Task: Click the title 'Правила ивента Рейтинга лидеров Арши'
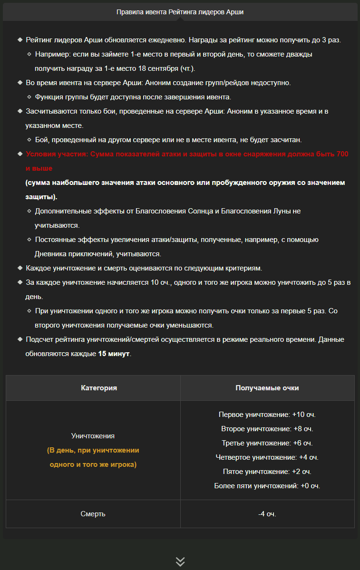pyautogui.click(x=180, y=12)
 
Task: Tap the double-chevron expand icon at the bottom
pyautogui.click(x=180, y=561)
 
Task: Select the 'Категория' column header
pyautogui.click(x=99, y=388)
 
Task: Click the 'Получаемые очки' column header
pyautogui.click(x=267, y=388)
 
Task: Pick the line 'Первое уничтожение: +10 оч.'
pyautogui.click(x=267, y=415)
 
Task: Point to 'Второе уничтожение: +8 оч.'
pyautogui.click(x=267, y=429)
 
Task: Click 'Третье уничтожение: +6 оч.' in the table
pyautogui.click(x=267, y=443)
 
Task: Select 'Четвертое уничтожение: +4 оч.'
pyautogui.click(x=267, y=457)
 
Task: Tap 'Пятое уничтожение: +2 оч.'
pyautogui.click(x=267, y=472)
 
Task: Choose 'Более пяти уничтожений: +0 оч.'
pyautogui.click(x=267, y=486)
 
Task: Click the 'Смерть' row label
pyautogui.click(x=93, y=514)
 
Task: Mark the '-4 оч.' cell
pyautogui.click(x=267, y=514)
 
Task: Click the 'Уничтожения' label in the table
pyautogui.click(x=93, y=435)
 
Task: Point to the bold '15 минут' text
pyautogui.click(x=114, y=354)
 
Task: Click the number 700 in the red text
pyautogui.click(x=342, y=154)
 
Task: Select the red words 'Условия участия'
pyautogui.click(x=56, y=154)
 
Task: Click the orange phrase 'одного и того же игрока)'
pyautogui.click(x=93, y=464)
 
